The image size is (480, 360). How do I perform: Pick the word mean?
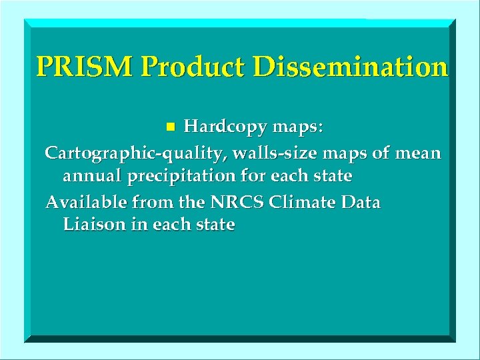pos(417,153)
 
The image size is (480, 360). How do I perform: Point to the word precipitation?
pos(175,177)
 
